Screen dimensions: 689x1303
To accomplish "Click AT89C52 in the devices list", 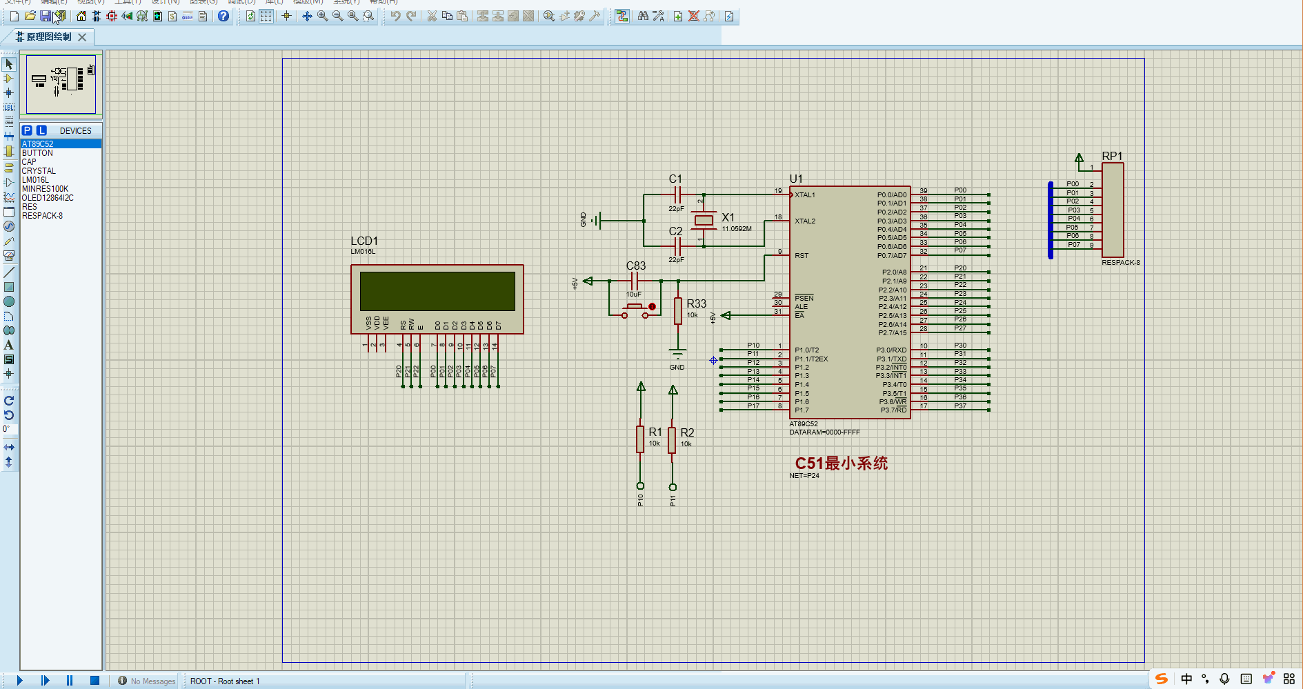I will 38,144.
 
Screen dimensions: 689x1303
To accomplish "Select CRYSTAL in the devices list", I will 39,171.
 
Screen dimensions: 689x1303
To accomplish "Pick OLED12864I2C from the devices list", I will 48,198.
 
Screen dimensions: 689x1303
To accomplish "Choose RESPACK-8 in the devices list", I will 42,216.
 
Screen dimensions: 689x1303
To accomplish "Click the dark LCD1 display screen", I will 437,291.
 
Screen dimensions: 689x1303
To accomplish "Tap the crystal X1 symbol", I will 704,220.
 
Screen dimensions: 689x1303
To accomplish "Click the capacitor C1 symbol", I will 677,195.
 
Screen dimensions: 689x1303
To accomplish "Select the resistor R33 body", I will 678,311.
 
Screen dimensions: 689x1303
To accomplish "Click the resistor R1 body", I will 640,439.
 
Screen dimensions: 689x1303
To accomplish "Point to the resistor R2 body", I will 672,440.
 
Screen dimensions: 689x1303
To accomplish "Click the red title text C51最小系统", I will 841,463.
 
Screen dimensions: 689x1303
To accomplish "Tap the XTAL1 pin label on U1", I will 805,195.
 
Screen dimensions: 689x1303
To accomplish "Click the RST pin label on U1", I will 802,256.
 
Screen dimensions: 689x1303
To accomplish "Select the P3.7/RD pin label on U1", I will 893,410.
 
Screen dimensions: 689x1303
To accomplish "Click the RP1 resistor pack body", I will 1113,210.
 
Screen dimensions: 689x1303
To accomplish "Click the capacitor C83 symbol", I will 635,281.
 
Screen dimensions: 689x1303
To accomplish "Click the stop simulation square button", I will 95,681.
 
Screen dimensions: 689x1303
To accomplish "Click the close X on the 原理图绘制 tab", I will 82,37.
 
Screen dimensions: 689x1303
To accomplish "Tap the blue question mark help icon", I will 223,16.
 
